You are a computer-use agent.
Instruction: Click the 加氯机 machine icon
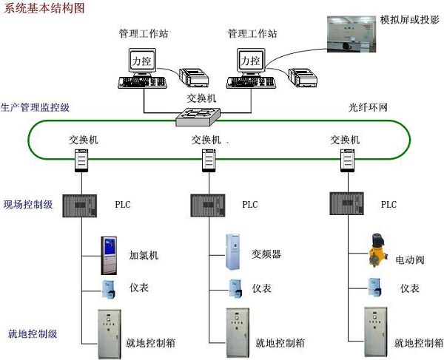110,254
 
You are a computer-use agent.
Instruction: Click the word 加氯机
144,256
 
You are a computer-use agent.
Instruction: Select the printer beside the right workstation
303,75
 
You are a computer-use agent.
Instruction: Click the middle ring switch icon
208,158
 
